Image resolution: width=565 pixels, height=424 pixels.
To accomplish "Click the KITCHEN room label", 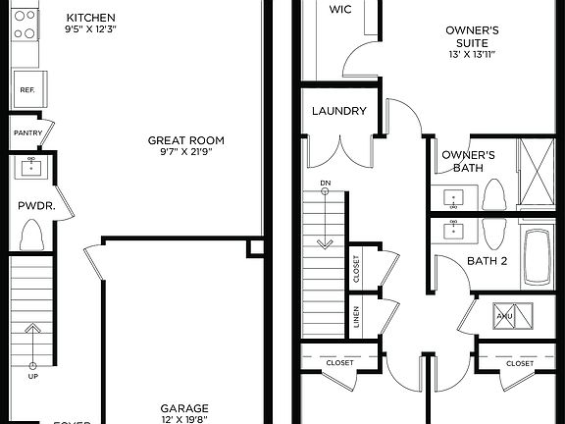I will pyautogui.click(x=91, y=18).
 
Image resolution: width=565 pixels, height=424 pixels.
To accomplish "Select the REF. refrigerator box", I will pyautogui.click(x=26, y=90).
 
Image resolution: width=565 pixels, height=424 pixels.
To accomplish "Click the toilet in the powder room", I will pyautogui.click(x=32, y=236).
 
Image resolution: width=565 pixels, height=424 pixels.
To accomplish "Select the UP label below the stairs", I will pyautogui.click(x=32, y=376).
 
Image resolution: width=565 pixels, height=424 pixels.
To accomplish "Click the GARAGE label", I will pyautogui.click(x=184, y=407).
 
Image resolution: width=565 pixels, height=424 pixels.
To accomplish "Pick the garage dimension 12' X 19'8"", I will pyautogui.click(x=184, y=420).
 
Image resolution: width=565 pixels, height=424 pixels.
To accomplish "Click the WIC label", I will pyautogui.click(x=340, y=9).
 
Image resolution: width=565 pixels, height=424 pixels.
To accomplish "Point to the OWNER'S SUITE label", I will pyautogui.click(x=473, y=37).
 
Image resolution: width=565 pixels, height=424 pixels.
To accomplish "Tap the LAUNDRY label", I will pyautogui.click(x=339, y=111).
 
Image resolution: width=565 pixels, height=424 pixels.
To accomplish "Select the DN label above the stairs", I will pyautogui.click(x=325, y=184).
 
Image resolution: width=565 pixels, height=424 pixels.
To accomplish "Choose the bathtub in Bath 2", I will pyautogui.click(x=539, y=257).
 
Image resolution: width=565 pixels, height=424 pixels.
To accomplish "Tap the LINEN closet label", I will pyautogui.click(x=356, y=317).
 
